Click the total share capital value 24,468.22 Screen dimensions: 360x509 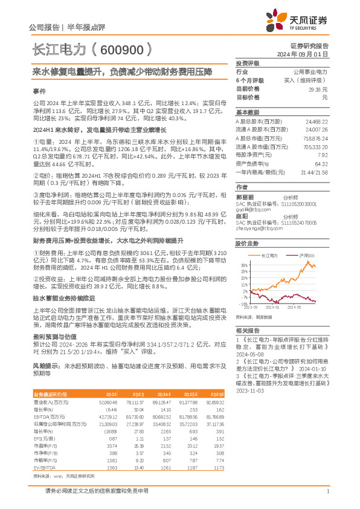point(317,122)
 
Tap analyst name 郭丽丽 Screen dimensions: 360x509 point(243,197)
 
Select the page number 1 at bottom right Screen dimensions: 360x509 point(327,491)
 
